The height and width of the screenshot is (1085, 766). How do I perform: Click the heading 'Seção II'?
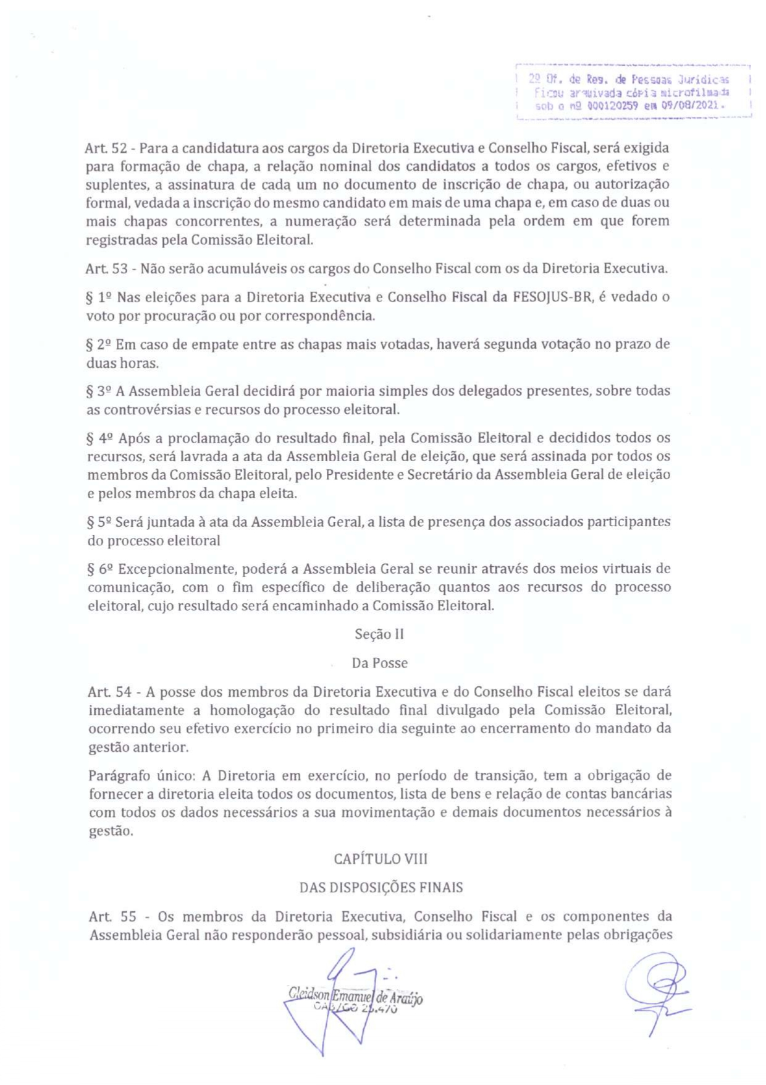[x=379, y=634]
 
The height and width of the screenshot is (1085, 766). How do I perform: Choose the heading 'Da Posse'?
[x=379, y=663]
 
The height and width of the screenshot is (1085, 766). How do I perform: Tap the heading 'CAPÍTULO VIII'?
[x=381, y=859]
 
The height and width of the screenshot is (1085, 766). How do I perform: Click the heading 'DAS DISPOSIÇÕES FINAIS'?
[x=381, y=888]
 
